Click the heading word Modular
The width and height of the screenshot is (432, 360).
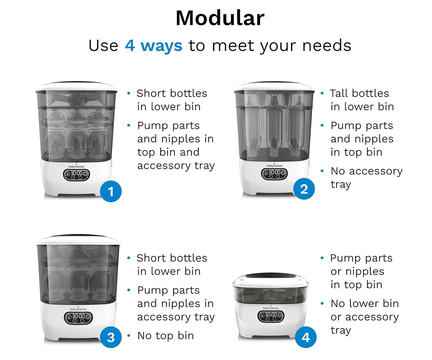click(220, 18)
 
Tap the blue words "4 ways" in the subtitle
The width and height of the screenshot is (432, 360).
click(154, 46)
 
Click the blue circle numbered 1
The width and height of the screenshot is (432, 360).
click(111, 191)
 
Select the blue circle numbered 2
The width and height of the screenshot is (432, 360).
click(304, 189)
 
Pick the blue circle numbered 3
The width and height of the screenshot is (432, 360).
click(111, 337)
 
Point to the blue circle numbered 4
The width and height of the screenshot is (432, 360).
click(306, 337)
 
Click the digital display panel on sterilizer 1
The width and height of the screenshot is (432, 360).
click(76, 175)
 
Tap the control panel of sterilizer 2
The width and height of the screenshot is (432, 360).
click(274, 174)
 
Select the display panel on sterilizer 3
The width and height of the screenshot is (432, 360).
click(78, 318)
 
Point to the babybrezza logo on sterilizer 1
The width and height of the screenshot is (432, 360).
click(76, 166)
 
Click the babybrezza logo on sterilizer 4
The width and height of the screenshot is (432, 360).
click(271, 308)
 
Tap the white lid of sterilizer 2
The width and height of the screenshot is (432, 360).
click(274, 86)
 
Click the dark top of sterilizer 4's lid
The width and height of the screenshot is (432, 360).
click(271, 276)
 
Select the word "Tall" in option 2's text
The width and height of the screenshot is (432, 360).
click(338, 93)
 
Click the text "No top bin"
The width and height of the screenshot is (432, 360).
click(166, 336)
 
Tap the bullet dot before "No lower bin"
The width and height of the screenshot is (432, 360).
click(322, 303)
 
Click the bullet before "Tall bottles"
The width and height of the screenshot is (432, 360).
click(322, 93)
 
